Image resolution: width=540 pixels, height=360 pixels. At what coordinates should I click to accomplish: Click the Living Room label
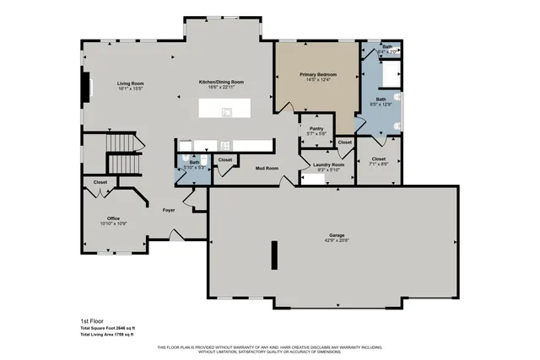(131, 83)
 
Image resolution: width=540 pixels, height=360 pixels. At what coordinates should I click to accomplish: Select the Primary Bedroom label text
(318, 75)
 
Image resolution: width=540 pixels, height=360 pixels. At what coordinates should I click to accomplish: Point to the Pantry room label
(316, 128)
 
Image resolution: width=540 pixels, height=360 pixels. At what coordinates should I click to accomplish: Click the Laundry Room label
(327, 164)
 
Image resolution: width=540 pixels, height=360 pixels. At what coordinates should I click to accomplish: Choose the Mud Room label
(267, 168)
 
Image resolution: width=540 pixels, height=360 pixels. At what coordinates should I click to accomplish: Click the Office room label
(113, 218)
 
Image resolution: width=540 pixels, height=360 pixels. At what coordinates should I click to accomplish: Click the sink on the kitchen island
(226, 111)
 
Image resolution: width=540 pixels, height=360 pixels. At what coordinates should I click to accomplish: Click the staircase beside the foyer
(125, 156)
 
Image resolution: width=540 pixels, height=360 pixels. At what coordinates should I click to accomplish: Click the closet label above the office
(100, 182)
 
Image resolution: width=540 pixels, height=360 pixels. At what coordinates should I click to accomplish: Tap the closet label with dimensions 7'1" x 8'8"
(378, 159)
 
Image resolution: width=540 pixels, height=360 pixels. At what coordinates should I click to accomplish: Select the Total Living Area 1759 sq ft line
(107, 335)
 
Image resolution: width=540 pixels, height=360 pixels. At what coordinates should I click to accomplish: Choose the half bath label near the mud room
(194, 163)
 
